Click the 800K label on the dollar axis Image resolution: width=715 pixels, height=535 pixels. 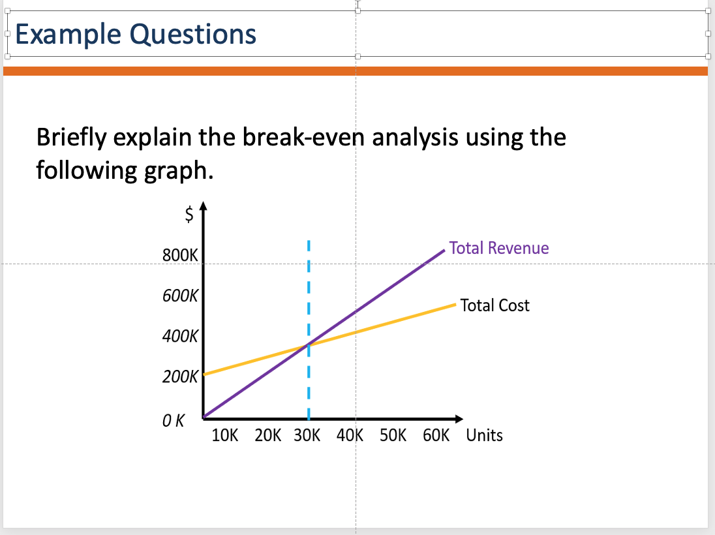(180, 255)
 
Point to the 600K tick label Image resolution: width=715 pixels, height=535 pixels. (180, 296)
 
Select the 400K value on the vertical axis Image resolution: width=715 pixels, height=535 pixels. (180, 336)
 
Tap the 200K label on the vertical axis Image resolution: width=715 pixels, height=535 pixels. (180, 376)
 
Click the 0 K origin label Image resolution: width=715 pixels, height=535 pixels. (174, 421)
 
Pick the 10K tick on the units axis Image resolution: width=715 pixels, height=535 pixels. (225, 435)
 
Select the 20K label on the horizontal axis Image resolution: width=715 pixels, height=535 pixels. (267, 435)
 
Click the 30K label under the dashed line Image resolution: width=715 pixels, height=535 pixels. (307, 435)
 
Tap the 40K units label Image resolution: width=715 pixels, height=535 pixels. (350, 435)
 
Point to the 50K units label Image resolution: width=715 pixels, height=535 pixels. (393, 435)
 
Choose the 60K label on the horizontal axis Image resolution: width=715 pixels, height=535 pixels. (436, 435)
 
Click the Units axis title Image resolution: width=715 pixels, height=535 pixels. (484, 435)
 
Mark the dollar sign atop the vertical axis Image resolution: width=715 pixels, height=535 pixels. (189, 213)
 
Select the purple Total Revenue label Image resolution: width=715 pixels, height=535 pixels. (499, 248)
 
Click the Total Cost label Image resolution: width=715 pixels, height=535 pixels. (494, 305)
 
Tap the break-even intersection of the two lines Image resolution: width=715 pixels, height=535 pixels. (309, 344)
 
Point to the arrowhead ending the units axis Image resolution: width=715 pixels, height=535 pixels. (459, 419)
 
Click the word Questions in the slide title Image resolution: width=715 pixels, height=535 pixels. (193, 35)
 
